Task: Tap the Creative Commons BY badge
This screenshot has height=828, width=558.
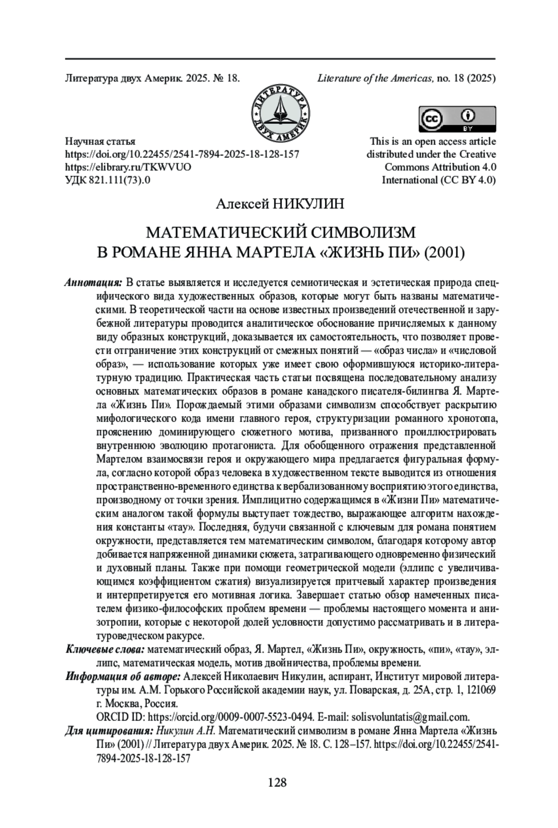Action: click(x=457, y=120)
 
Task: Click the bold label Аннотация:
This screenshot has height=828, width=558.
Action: click(x=94, y=282)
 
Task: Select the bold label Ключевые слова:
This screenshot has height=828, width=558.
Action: click(x=106, y=649)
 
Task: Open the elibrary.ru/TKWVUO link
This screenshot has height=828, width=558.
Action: click(x=128, y=167)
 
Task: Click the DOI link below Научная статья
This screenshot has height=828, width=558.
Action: click(x=182, y=154)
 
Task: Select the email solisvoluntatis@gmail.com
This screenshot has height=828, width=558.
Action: click(x=410, y=716)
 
